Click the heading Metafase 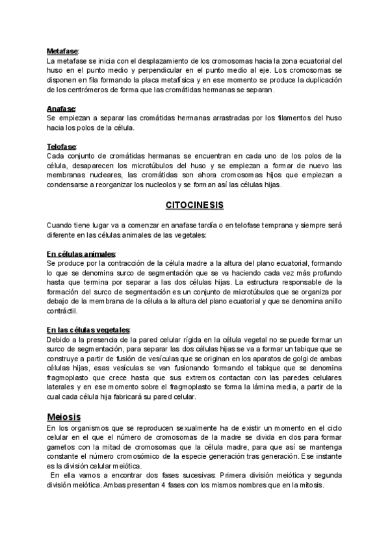pyautogui.click(x=62, y=51)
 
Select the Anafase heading pyautogui.click(x=61, y=108)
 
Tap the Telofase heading pyautogui.click(x=62, y=147)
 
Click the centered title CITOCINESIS pyautogui.click(x=194, y=205)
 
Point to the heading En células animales pyautogui.click(x=81, y=253)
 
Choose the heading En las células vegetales pyautogui.click(x=88, y=330)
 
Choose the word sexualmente pyautogui.click(x=184, y=430)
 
